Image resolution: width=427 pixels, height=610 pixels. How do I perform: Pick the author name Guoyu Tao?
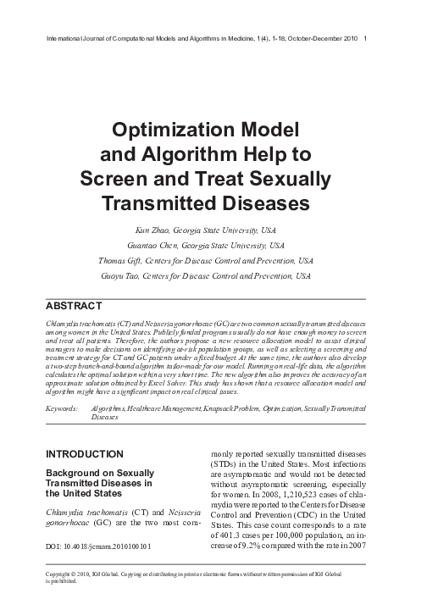pos(123,276)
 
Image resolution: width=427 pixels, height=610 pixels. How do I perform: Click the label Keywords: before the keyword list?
pos(63,408)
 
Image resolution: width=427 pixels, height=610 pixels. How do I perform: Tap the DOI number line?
pos(97,547)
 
